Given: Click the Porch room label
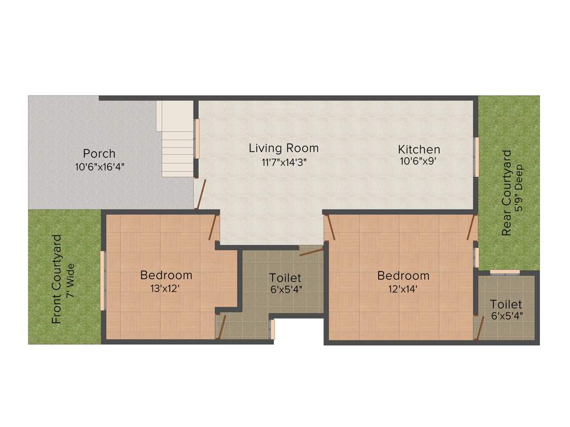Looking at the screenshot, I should point(99,153).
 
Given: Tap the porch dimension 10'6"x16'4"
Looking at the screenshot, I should point(99,166).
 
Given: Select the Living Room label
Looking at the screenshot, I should point(283,148).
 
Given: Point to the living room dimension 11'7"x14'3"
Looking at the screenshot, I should point(283,162).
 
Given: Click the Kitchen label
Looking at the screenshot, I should point(419,149).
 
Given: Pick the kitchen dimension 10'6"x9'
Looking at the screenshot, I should point(419,162).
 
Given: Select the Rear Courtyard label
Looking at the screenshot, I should point(506,193).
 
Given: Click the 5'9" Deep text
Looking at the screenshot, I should point(519,193).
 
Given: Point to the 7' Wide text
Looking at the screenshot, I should point(70,281).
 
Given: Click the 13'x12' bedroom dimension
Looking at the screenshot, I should point(166,289).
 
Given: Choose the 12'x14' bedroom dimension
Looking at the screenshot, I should point(403,289).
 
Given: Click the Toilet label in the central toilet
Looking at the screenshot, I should point(285,277).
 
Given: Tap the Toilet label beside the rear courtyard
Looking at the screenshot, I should point(506,304).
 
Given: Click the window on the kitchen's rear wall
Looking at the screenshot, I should point(476,157).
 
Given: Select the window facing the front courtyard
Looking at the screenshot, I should point(102,281).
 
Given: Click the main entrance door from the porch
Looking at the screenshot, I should point(200,194).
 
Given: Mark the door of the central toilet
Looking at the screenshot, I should point(311,251).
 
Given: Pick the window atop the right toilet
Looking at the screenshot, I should point(505,272).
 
